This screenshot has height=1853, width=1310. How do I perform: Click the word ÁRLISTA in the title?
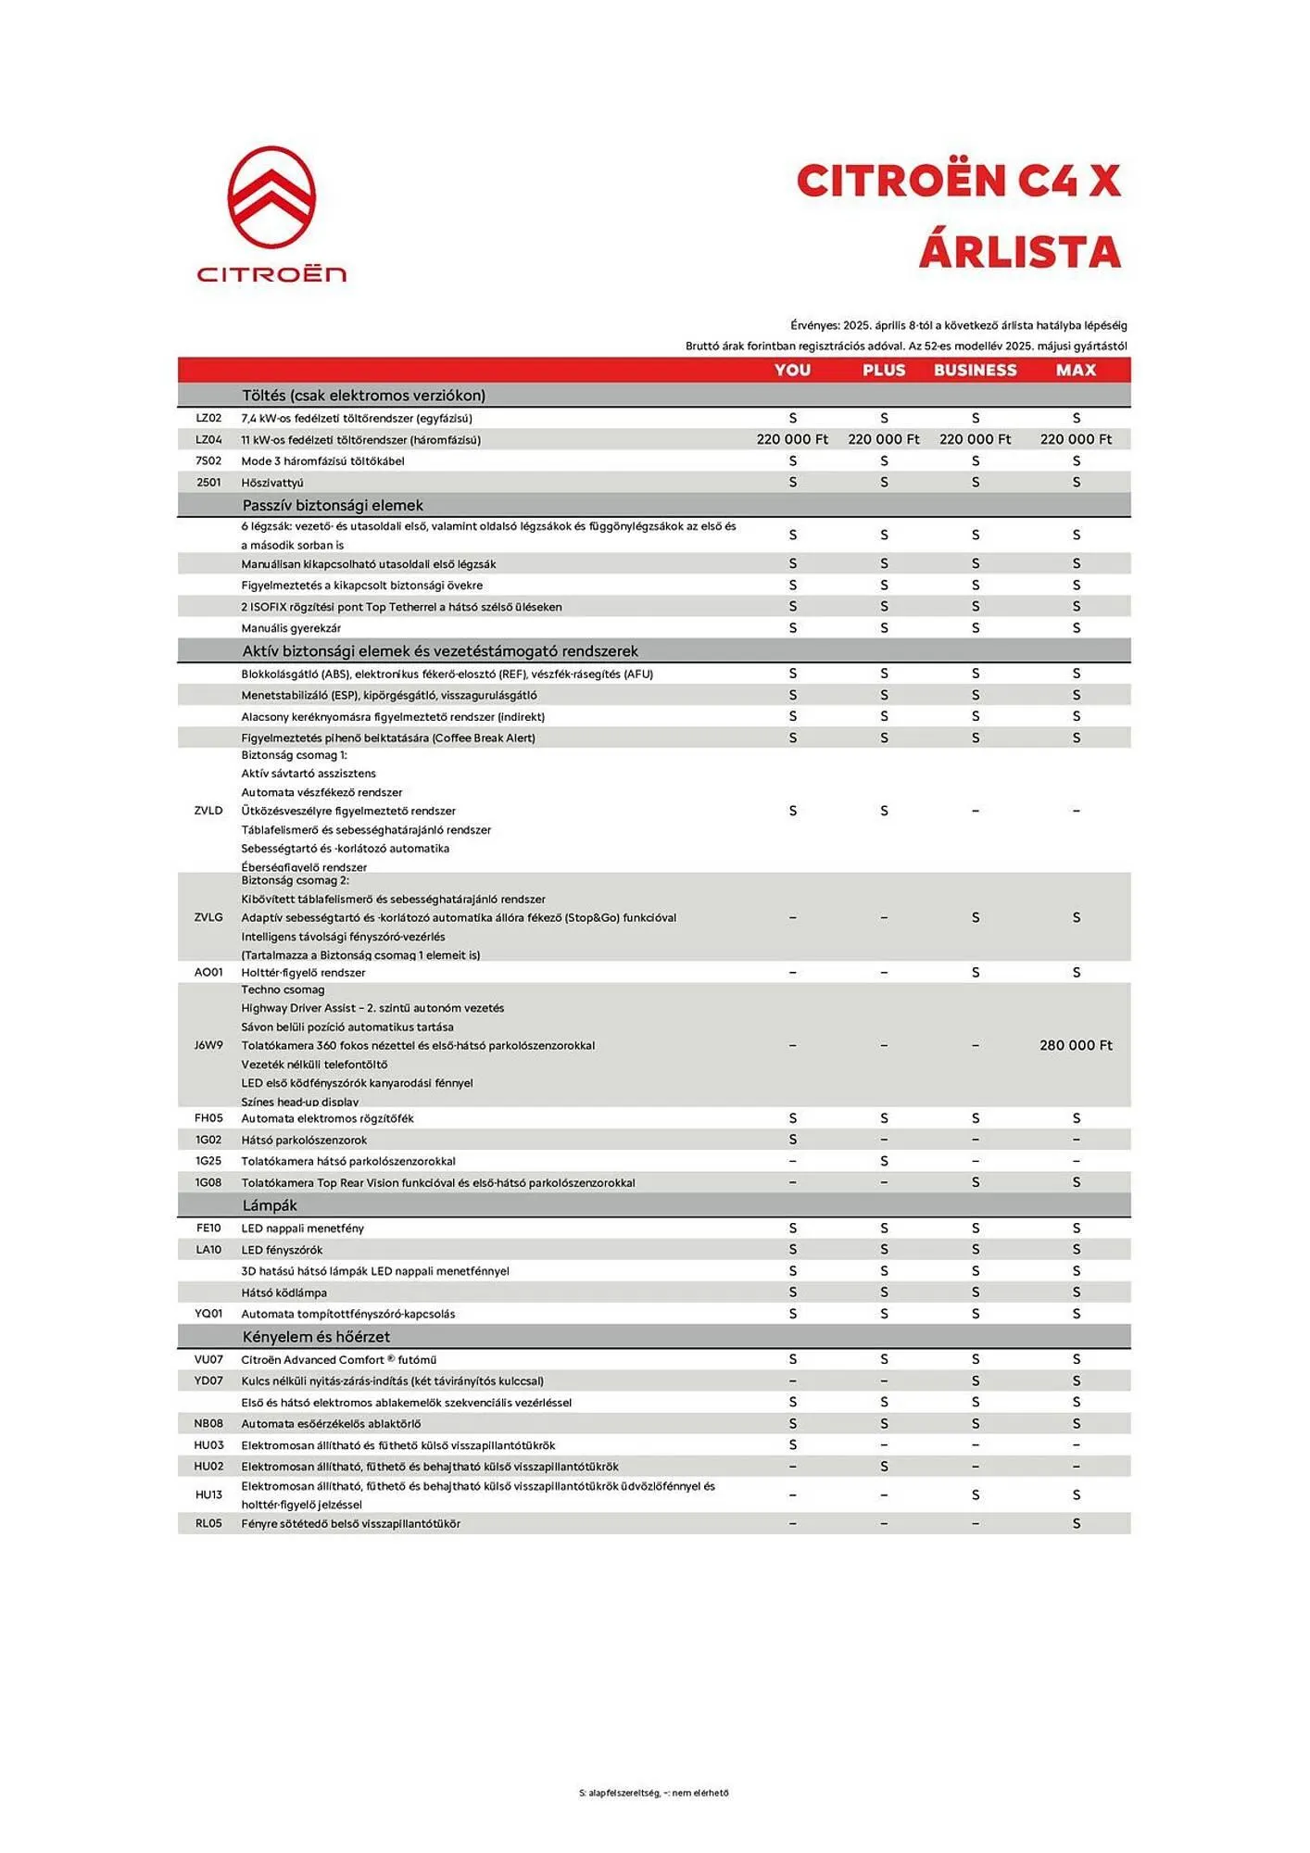[1019, 252]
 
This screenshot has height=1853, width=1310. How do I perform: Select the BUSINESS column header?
[975, 370]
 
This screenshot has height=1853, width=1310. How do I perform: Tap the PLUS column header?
[883, 370]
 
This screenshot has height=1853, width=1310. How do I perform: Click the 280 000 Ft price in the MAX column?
[1076, 1045]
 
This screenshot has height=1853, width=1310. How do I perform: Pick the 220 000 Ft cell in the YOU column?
[792, 439]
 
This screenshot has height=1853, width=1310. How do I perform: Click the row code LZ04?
[208, 440]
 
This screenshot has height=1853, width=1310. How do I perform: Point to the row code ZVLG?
[208, 917]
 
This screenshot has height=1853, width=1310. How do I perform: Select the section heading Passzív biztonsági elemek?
[333, 505]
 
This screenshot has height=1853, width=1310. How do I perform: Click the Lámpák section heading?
[270, 1205]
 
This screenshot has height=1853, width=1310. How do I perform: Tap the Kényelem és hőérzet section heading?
[316, 1337]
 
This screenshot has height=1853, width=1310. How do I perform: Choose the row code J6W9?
[208, 1045]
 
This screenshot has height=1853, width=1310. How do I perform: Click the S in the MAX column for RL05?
[1076, 1524]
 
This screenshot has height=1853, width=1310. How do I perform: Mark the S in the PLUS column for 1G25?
[884, 1161]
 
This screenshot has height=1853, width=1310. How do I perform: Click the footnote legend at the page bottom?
[654, 1793]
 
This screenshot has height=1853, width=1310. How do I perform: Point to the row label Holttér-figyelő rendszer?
[303, 973]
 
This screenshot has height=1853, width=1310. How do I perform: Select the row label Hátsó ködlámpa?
[283, 1292]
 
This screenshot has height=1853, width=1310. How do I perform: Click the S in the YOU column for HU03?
[792, 1445]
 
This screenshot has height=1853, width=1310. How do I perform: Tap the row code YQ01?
[208, 1314]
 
